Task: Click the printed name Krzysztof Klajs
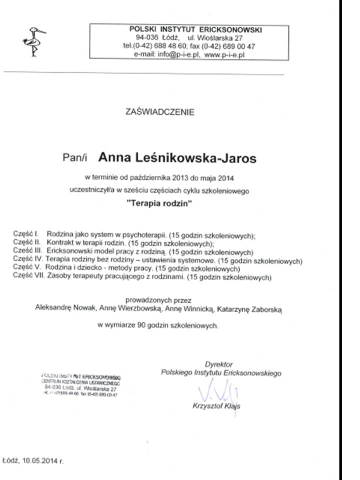[x=216, y=406]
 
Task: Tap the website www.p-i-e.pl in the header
[x=223, y=55]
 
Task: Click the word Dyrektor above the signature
[x=218, y=364]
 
